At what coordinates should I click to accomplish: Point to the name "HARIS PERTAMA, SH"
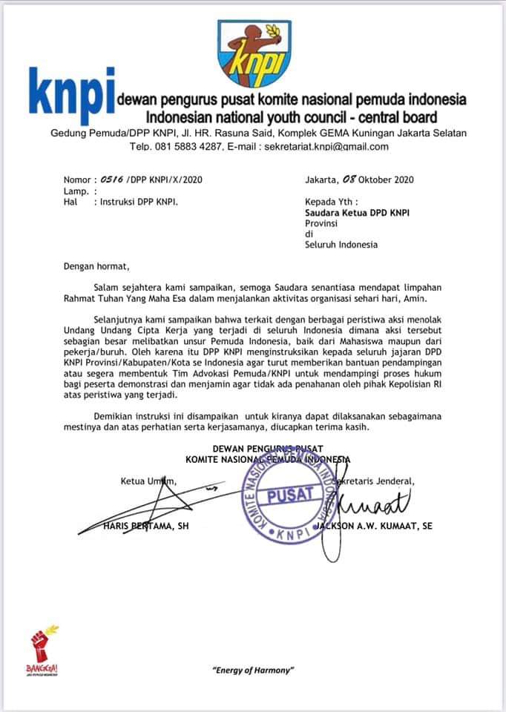coord(145,527)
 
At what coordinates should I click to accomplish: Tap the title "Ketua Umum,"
coord(148,481)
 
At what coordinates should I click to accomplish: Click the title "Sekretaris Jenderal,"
coord(375,481)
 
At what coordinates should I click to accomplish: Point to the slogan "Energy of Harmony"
coord(253,670)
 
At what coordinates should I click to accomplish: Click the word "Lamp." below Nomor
coord(76,191)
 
